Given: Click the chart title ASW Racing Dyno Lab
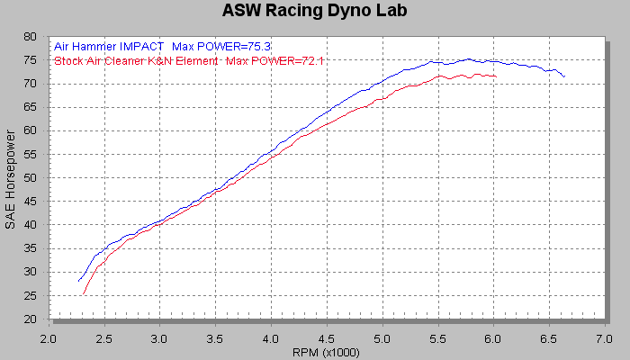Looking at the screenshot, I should tap(314, 12).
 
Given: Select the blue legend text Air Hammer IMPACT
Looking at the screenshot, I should tap(109, 45).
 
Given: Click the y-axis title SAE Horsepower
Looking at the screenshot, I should tap(11, 178).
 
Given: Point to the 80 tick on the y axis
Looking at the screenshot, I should tap(30, 37).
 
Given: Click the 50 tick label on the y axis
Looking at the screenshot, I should tap(30, 178).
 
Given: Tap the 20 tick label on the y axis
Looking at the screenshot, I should tap(30, 319).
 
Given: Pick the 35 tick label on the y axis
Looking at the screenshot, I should tap(30, 248).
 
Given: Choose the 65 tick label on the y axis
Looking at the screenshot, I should tap(30, 107).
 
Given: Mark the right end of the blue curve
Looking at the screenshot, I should tap(564, 76).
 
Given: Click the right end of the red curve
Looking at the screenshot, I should tap(496, 76).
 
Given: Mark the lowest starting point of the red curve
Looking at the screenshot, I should tap(83, 293).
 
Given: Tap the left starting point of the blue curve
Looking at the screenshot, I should tap(79, 280).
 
